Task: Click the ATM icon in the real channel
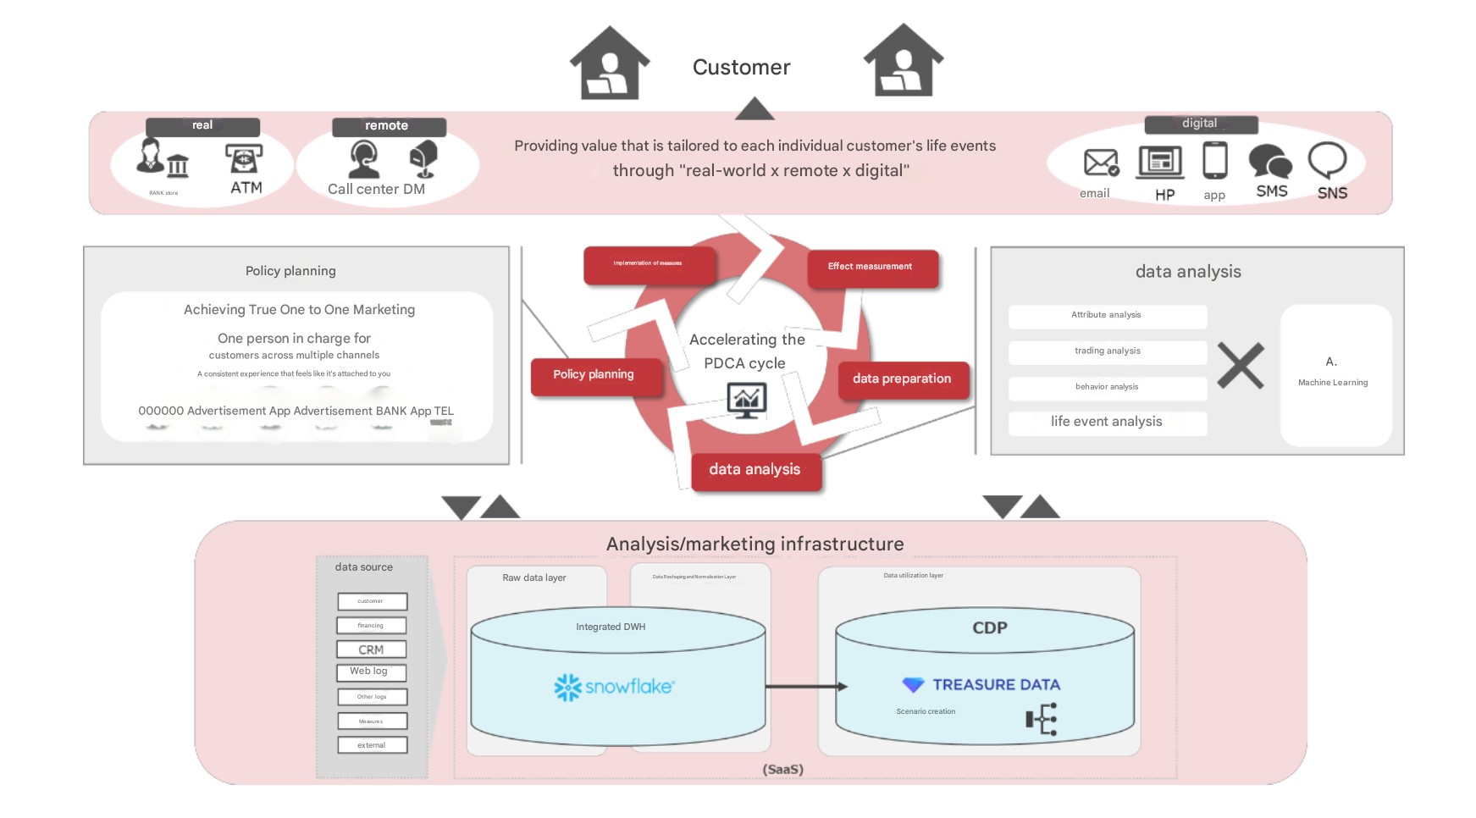(244, 158)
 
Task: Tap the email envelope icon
(1101, 162)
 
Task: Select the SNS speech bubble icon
(1327, 158)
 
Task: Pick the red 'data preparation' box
(902, 379)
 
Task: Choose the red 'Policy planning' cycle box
(594, 375)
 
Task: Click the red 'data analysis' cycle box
(755, 470)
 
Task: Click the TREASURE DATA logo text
(996, 685)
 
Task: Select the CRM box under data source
(372, 649)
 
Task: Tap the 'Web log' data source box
(371, 672)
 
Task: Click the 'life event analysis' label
(1106, 422)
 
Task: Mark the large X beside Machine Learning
(1241, 366)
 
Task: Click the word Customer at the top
(741, 68)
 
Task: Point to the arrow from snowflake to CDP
(805, 687)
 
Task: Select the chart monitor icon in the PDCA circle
(746, 400)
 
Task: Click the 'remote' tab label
(388, 126)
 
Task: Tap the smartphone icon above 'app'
(1214, 160)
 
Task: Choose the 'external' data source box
(372, 745)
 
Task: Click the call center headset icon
(364, 158)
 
